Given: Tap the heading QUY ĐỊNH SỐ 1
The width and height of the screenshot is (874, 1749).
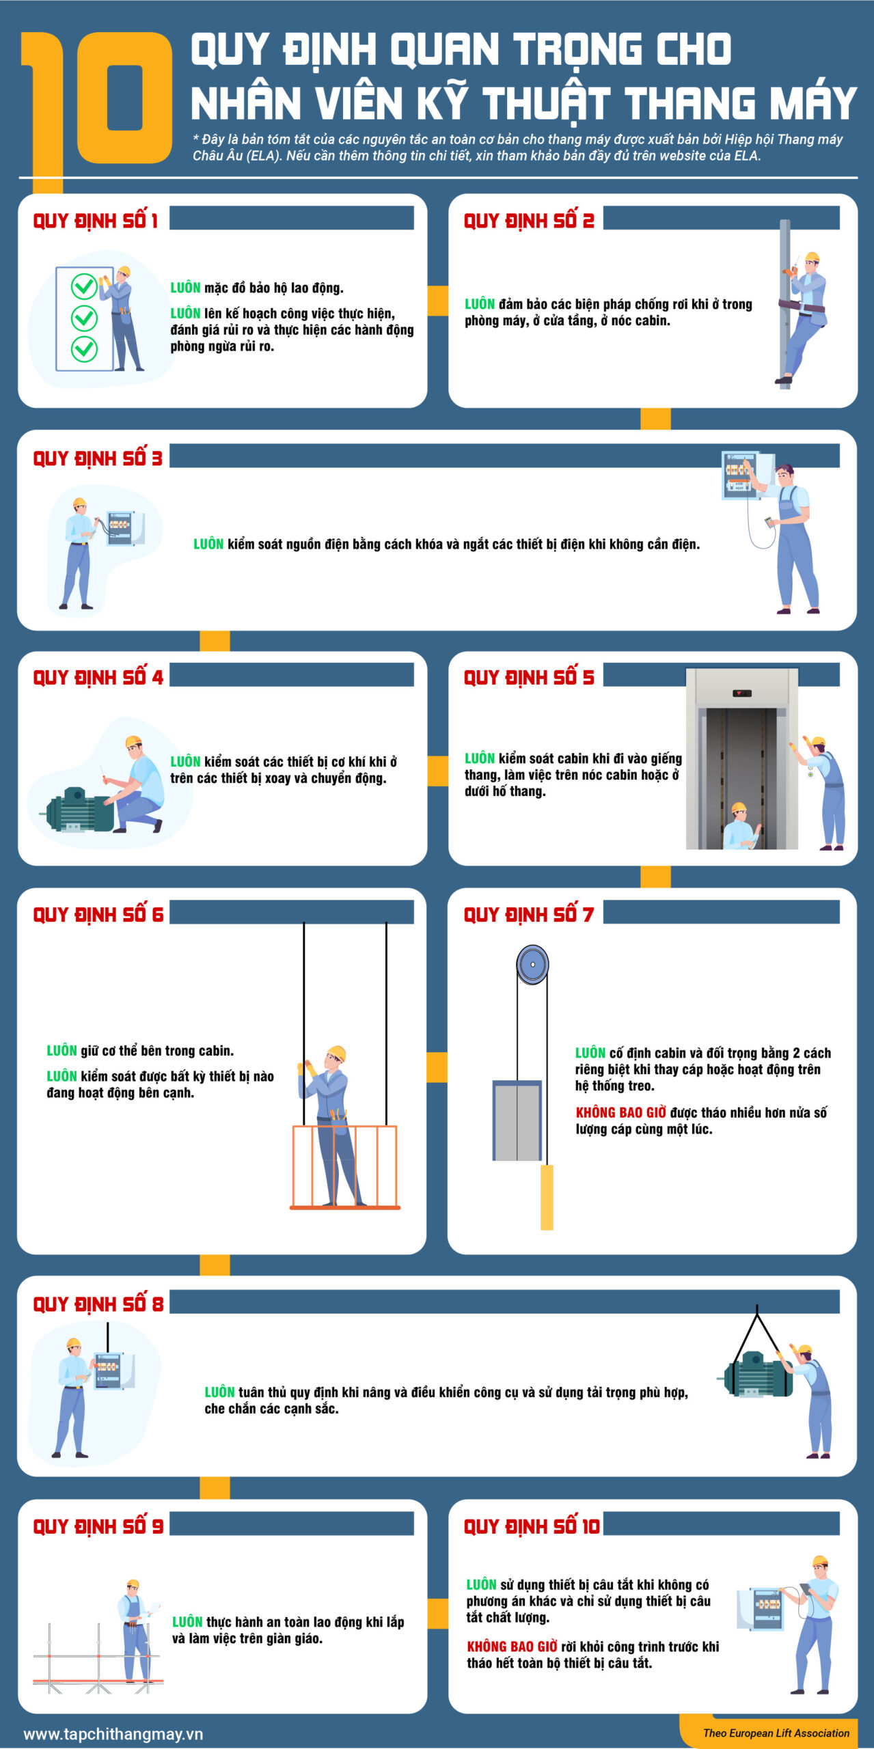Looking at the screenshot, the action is click(x=96, y=221).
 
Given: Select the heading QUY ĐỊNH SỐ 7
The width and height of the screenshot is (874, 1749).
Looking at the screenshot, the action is click(x=529, y=913).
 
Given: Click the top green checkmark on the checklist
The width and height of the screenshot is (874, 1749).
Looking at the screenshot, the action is click(x=84, y=286).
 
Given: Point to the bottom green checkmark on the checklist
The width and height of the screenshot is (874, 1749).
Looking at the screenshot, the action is click(x=84, y=348).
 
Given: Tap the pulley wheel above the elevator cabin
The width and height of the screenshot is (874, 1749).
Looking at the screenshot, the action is click(x=532, y=964).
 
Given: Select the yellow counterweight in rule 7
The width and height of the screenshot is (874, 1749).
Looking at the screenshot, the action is click(x=547, y=1197).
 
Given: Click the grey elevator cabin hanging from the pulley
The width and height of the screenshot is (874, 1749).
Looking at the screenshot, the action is click(x=517, y=1120).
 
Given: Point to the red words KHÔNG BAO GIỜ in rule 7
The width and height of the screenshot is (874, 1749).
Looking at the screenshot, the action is click(x=620, y=1112).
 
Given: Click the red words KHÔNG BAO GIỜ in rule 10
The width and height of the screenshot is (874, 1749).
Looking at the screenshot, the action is click(x=512, y=1647).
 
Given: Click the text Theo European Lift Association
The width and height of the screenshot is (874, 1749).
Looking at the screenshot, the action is click(x=776, y=1733).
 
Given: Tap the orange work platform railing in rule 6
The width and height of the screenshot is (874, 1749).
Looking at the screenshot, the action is click(x=345, y=1168).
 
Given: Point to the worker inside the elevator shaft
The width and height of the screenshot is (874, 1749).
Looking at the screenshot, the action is click(x=741, y=825).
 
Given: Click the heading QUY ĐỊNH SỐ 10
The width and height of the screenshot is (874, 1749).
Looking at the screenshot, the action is click(x=532, y=1526).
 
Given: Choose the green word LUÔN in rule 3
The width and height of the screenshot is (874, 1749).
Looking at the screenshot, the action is click(x=208, y=544).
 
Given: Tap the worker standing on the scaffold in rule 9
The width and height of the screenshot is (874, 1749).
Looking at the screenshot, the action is click(x=135, y=1629).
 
